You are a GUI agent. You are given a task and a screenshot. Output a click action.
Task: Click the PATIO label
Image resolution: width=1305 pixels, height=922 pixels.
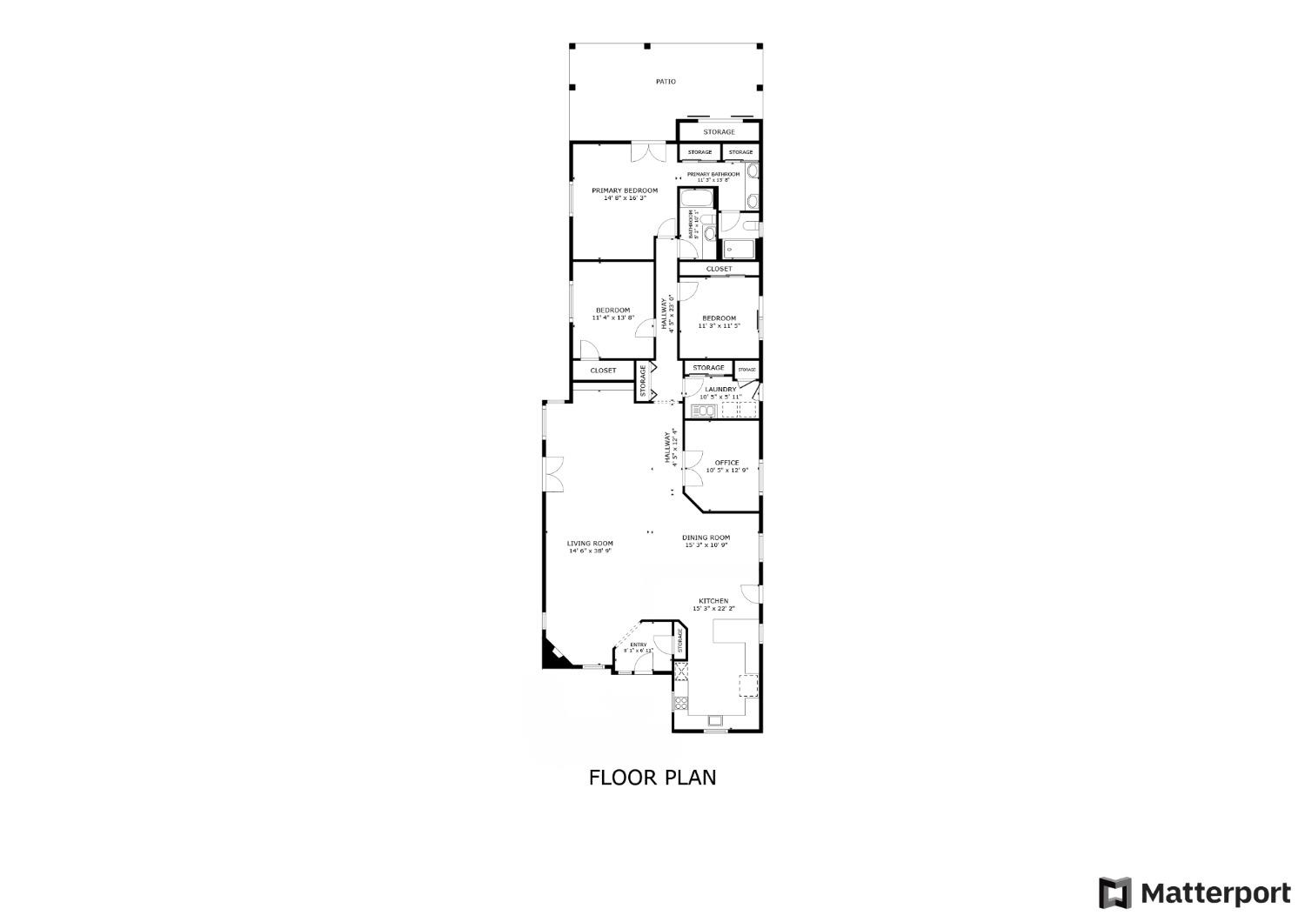pos(666,82)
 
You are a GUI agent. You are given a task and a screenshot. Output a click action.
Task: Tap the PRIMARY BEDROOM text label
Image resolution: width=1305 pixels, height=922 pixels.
pos(625,190)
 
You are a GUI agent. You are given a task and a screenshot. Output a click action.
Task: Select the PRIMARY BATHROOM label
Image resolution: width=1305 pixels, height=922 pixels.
pos(713,174)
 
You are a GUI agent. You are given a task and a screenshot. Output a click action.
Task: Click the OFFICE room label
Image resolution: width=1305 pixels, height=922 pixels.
pos(726,463)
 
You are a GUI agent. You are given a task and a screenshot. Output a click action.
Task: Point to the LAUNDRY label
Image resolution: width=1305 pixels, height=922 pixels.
pos(720,390)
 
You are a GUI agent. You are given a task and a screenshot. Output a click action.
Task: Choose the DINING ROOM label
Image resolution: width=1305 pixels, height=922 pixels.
pos(706,538)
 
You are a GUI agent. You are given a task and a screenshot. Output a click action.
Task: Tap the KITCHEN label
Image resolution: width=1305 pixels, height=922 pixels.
pos(713,601)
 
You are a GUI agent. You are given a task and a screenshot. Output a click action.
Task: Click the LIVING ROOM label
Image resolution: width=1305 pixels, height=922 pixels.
pos(591,544)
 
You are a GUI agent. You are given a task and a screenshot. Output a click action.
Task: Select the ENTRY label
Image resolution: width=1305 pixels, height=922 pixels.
pos(638,645)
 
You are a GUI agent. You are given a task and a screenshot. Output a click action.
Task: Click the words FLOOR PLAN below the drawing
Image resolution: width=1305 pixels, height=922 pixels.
pos(652,777)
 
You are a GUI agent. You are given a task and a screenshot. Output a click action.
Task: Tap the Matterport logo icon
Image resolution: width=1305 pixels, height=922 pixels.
pos(1114,893)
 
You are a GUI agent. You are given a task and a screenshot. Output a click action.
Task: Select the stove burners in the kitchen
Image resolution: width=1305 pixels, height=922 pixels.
pos(681,701)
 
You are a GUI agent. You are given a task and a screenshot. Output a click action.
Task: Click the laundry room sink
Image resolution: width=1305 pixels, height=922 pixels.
pos(703,411)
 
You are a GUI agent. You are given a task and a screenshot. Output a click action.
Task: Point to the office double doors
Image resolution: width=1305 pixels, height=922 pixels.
pos(693,470)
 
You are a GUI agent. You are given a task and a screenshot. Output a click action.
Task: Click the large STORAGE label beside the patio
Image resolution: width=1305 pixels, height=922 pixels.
pos(719,132)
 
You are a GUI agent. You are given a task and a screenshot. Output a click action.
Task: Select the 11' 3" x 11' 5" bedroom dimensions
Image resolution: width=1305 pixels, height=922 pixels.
pos(719,326)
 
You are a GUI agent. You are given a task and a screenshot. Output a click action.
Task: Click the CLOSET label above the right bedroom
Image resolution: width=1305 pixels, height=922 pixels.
pos(719,269)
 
